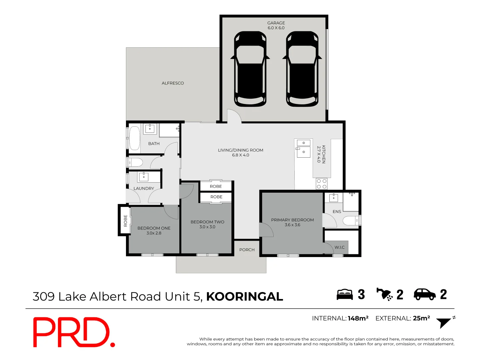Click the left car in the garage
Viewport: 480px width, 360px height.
(250, 69)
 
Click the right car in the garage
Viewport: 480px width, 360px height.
(302, 69)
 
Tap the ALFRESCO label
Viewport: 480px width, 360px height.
(173, 83)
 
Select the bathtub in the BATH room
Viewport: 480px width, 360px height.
(134, 138)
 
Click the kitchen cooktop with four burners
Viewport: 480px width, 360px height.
(322, 184)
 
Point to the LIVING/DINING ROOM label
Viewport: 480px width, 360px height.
(240, 150)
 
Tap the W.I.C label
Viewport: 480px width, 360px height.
(340, 247)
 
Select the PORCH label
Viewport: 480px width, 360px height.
(247, 250)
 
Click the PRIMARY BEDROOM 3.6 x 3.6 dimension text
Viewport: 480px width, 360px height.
(292, 225)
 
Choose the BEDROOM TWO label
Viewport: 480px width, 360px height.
(207, 222)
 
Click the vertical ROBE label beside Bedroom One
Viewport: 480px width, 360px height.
(125, 221)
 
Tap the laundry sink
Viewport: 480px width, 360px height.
(144, 176)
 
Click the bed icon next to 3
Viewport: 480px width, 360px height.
(344, 295)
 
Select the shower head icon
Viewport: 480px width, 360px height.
(385, 294)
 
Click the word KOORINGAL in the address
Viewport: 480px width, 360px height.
(245, 296)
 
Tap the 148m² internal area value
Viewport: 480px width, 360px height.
(358, 318)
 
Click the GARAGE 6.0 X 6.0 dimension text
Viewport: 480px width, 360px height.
(276, 28)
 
